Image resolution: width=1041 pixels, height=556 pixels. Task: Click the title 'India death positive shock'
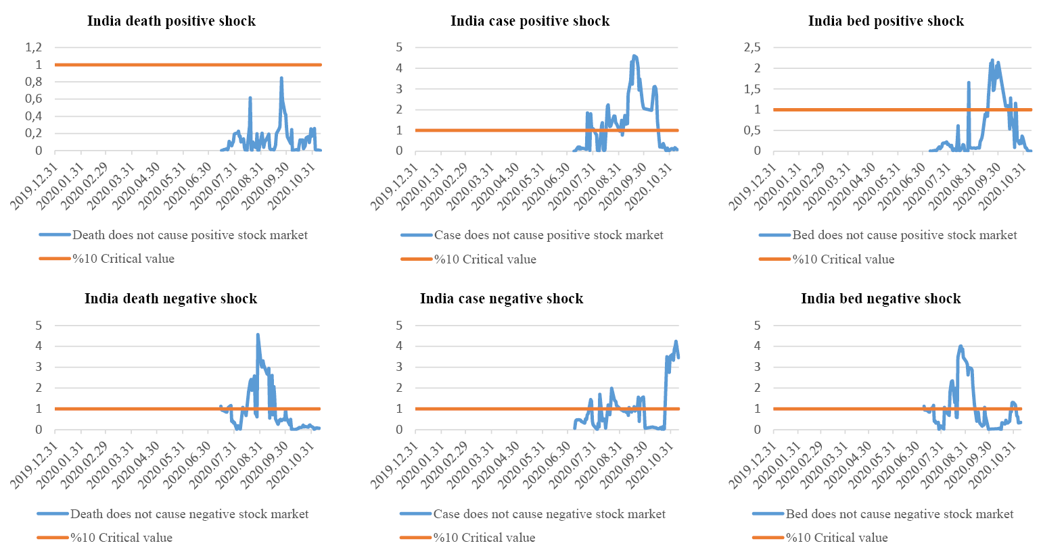tap(171, 21)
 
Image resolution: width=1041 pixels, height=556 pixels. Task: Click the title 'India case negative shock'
tap(501, 299)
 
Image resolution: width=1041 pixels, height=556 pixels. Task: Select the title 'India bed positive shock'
tap(885, 21)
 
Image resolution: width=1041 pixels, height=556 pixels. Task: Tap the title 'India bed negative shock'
tap(881, 299)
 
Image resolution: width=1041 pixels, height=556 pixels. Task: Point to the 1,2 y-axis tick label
tap(33, 47)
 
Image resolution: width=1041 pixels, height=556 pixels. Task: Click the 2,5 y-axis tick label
tap(751, 47)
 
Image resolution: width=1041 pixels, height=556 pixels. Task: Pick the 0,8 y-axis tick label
tap(33, 82)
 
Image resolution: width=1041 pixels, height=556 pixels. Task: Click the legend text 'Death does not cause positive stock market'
tap(189, 235)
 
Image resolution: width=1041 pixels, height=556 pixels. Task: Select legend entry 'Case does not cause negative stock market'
tap(549, 514)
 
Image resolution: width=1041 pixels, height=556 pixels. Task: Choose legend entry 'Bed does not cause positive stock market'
tap(904, 235)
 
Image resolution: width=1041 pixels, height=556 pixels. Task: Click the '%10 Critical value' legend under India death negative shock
tap(121, 538)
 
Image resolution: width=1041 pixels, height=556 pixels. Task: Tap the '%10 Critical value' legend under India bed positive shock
tap(843, 259)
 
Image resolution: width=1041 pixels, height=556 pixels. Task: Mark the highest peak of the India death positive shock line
tap(281, 78)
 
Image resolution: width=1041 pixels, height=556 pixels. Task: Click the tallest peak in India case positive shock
tap(634, 55)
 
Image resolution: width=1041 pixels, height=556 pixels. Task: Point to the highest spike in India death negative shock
tap(258, 334)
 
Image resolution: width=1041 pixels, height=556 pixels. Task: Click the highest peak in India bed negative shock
tap(961, 346)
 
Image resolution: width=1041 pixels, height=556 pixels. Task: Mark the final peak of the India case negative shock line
tap(676, 341)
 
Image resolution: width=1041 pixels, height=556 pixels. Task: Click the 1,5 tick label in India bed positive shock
tap(751, 89)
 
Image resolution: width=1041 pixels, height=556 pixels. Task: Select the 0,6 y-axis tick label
tap(33, 99)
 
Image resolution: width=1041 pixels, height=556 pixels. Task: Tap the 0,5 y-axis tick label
tap(751, 130)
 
